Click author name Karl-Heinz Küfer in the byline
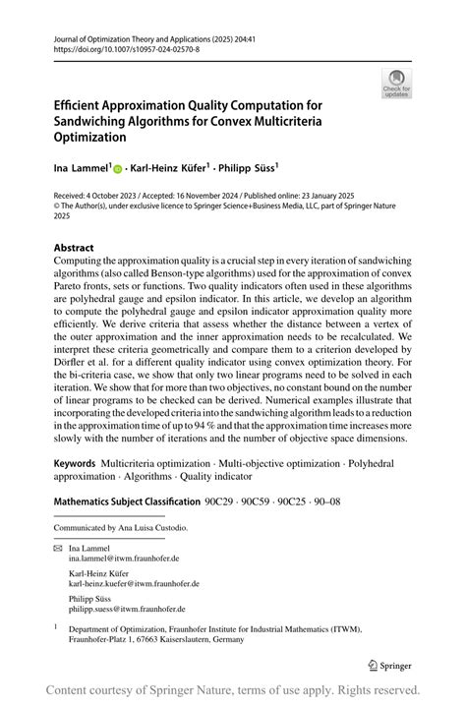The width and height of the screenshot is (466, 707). tap(174, 168)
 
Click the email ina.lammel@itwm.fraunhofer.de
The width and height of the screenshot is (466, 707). tap(124, 558)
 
